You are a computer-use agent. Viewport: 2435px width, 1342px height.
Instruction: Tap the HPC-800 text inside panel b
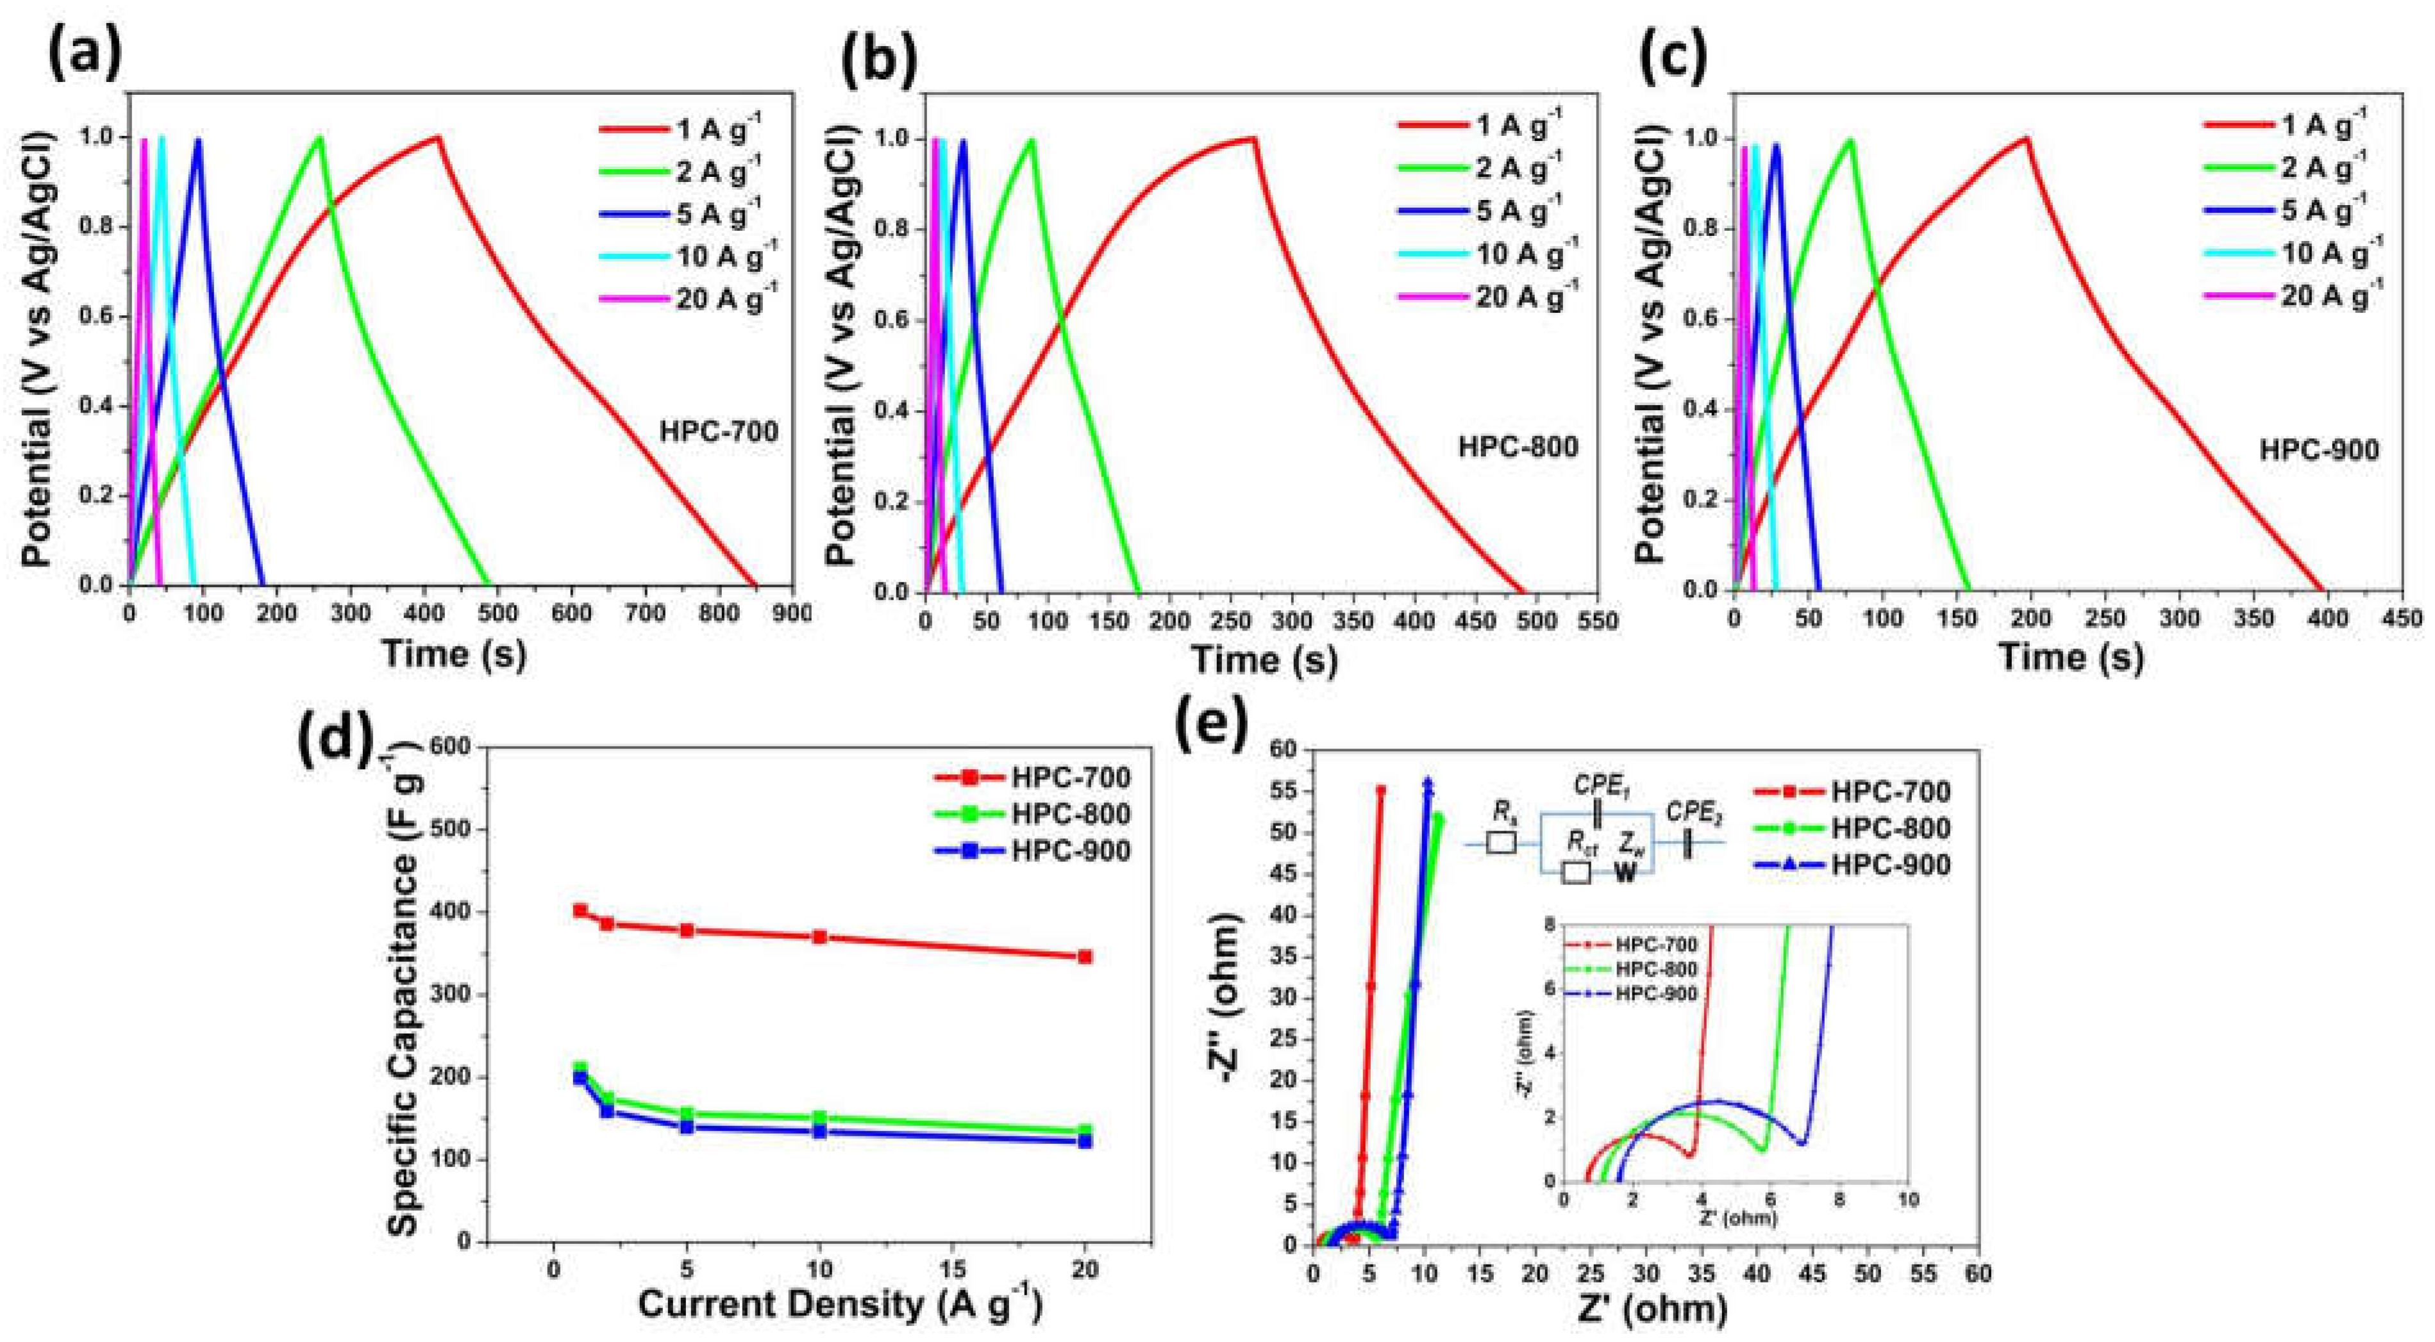tap(1518, 446)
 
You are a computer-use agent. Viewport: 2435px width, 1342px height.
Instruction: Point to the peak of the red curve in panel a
tap(438, 137)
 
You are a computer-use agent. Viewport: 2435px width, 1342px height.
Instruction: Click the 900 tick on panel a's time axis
tap(793, 613)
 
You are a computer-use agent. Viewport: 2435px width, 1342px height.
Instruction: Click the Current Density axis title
tap(839, 1304)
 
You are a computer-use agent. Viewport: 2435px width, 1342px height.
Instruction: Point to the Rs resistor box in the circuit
tap(1501, 841)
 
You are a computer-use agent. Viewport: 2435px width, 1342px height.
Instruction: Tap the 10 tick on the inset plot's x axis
tap(1909, 1199)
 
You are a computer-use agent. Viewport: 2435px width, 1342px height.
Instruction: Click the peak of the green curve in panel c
tap(1850, 141)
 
